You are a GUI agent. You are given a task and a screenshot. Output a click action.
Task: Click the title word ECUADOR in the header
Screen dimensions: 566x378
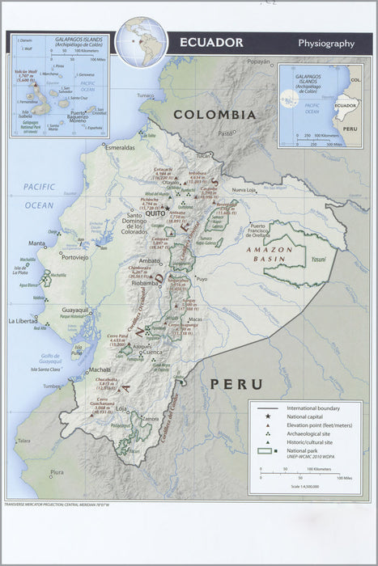click(210, 42)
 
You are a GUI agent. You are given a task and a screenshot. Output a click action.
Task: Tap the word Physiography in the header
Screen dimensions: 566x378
click(325, 43)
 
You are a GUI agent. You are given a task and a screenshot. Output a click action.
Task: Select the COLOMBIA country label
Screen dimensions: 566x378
click(214, 115)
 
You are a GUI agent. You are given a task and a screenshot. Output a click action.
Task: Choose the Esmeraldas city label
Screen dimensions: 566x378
click(120, 148)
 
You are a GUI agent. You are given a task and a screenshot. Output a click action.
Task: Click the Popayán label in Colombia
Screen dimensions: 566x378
click(258, 61)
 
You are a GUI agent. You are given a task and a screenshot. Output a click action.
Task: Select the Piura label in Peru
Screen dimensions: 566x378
click(57, 471)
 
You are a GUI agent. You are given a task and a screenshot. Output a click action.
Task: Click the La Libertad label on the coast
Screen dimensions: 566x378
click(23, 321)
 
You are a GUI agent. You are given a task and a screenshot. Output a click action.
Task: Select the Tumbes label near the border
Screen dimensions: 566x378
click(52, 386)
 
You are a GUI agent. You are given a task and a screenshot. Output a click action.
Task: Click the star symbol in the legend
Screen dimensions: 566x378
click(267, 416)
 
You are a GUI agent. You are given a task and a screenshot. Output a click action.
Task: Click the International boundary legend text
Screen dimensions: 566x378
click(312, 408)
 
